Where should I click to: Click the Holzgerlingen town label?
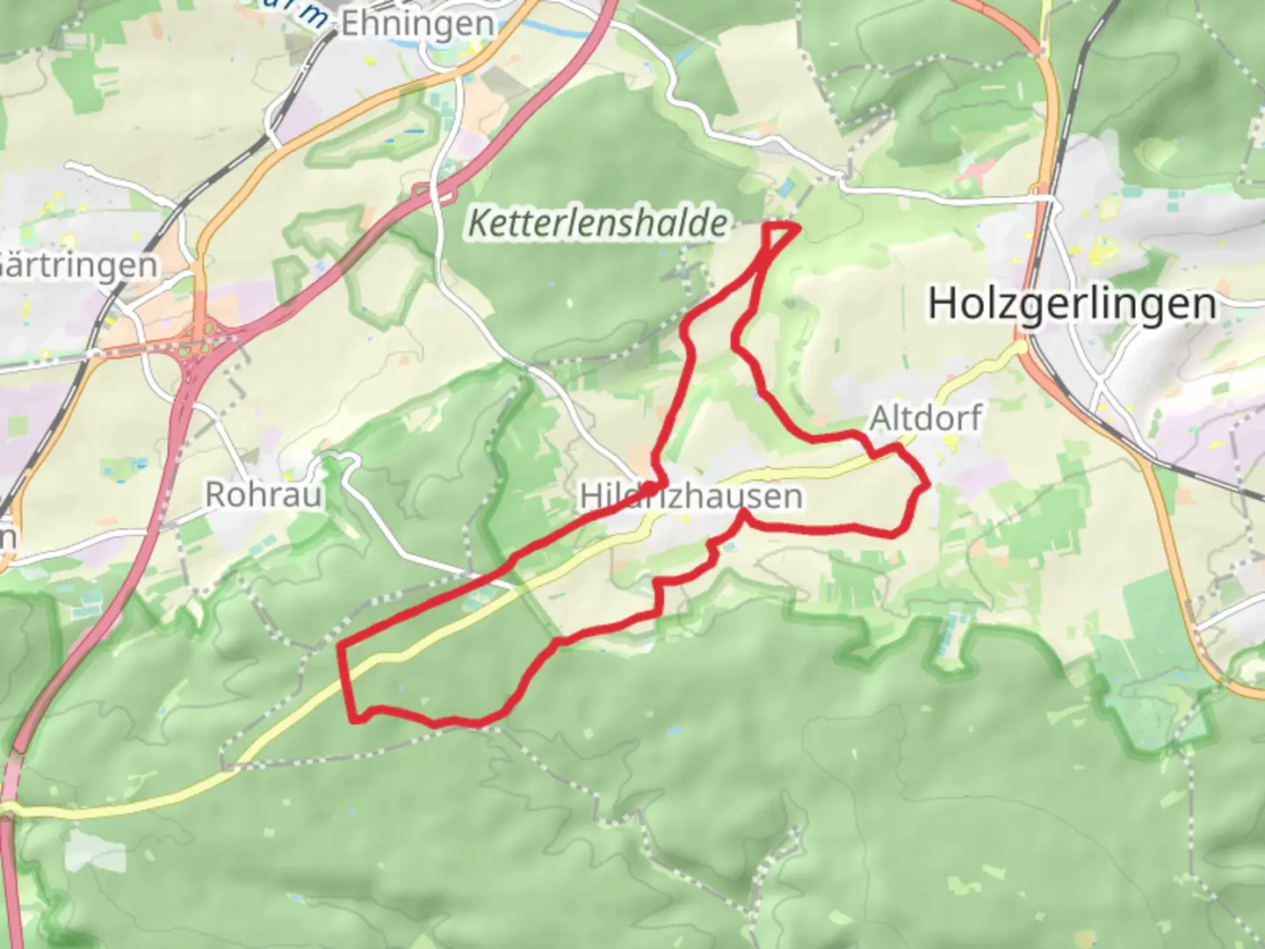[x=1072, y=304]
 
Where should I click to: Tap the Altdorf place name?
[x=925, y=417]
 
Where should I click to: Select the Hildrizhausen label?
[x=690, y=496]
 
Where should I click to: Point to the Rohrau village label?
[x=264, y=494]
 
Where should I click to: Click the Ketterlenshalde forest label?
[x=598, y=222]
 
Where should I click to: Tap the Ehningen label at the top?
[x=416, y=23]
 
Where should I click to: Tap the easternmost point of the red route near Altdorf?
[x=928, y=482]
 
